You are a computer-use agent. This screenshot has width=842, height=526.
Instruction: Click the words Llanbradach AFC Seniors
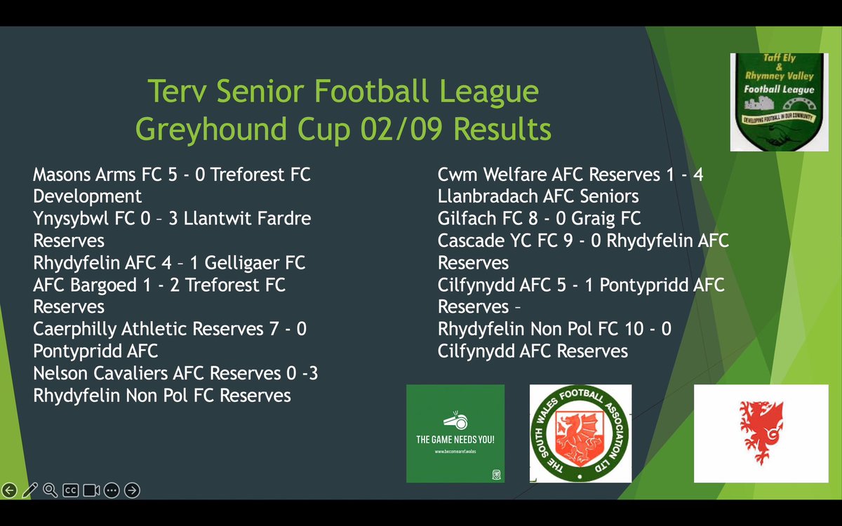[538, 196]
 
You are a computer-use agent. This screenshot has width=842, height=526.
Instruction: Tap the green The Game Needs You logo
[455, 433]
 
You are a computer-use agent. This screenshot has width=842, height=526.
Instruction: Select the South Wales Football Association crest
[580, 433]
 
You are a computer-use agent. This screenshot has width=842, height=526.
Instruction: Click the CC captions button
[70, 490]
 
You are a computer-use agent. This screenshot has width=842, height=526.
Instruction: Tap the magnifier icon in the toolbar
[50, 490]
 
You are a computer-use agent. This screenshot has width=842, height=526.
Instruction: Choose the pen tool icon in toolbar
[29, 490]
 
